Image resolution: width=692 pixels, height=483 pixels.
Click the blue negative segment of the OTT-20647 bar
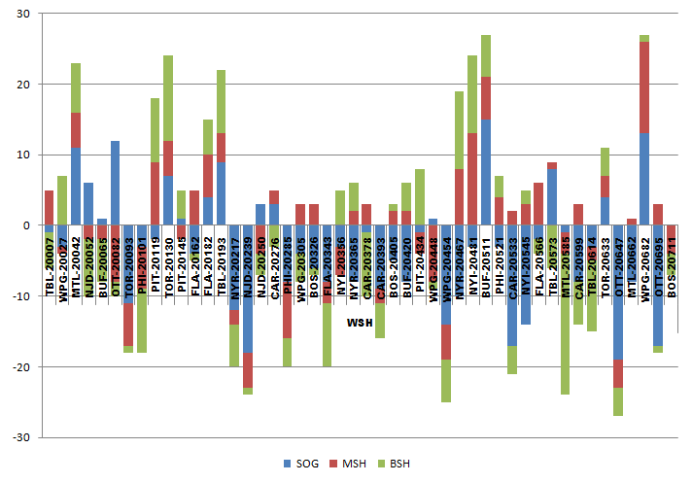tap(617, 292)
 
